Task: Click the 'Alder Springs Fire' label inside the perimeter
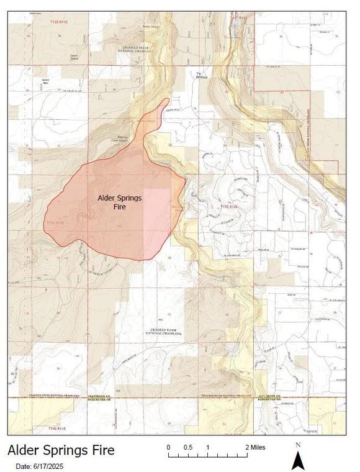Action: coord(120,202)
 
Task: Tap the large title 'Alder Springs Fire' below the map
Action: coord(61,450)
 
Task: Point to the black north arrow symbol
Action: coord(297,460)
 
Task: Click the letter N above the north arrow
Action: coord(298,445)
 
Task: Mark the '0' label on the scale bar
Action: coord(169,447)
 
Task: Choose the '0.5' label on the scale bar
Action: coord(188,447)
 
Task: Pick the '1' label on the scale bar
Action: coord(208,447)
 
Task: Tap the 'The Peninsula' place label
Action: coord(200,75)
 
